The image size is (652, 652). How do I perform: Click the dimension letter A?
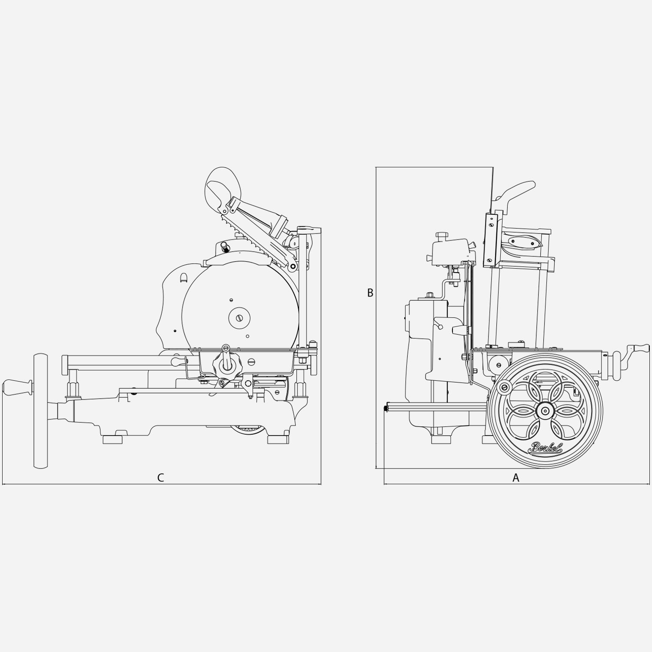coord(516,478)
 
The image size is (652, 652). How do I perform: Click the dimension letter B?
coord(370,293)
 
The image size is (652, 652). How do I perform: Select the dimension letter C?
coord(160,478)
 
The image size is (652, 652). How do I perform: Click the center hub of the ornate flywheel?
coord(545,410)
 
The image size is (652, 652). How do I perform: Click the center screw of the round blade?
coord(240,318)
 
